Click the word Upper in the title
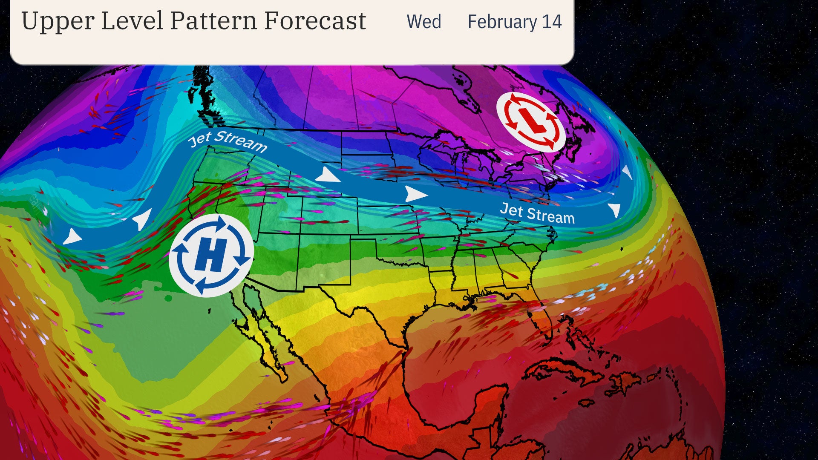pyautogui.click(x=56, y=21)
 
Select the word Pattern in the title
pyautogui.click(x=213, y=21)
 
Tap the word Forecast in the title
pyautogui.click(x=315, y=21)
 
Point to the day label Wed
pyautogui.click(x=423, y=22)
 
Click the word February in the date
pyautogui.click(x=502, y=22)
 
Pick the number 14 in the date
pyautogui.click(x=552, y=22)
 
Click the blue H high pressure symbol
pyautogui.click(x=211, y=255)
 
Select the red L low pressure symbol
pyautogui.click(x=531, y=122)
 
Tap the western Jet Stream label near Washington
pyautogui.click(x=228, y=141)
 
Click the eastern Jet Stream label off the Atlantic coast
pyautogui.click(x=537, y=213)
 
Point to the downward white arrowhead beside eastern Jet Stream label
pyautogui.click(x=615, y=210)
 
